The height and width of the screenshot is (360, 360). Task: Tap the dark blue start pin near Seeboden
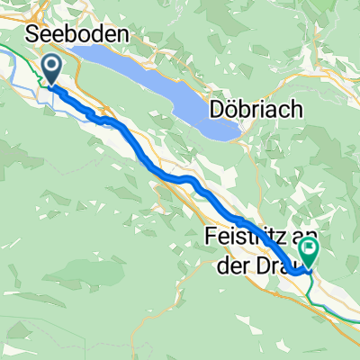click(50, 69)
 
